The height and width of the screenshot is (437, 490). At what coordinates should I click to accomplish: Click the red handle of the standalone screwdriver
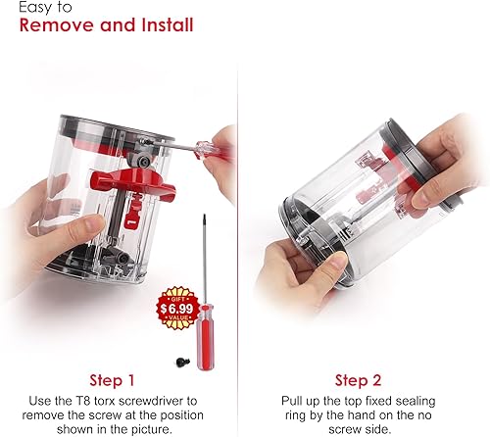tap(209, 327)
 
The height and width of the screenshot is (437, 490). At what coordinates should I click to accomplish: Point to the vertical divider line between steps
tap(245, 245)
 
